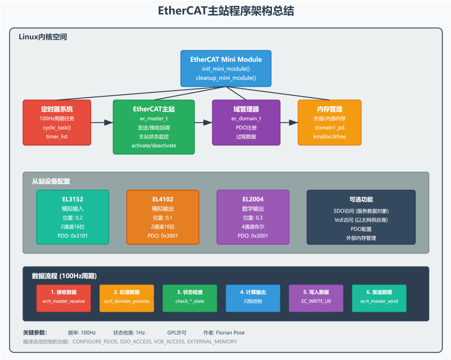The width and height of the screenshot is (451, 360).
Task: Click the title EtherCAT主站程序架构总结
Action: [225, 11]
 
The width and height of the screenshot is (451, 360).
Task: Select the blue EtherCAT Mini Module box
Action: [226, 68]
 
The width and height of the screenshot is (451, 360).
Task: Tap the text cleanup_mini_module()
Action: [226, 78]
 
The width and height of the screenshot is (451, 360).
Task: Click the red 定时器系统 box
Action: [57, 122]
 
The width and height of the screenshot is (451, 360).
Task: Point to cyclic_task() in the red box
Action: [57, 127]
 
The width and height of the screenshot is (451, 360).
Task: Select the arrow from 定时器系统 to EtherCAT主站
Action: [102, 122]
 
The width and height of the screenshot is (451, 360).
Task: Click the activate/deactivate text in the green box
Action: [154, 145]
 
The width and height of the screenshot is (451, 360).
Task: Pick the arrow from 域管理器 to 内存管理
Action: [289, 122]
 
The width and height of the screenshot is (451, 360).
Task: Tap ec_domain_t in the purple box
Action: [246, 118]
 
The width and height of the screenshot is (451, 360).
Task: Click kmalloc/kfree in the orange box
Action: [329, 137]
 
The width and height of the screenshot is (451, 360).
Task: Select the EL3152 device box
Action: [73, 217]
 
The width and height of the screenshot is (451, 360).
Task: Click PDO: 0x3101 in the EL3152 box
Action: [73, 236]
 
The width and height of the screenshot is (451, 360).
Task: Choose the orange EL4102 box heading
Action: [163, 199]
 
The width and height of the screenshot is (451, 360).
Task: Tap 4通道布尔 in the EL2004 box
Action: [253, 226]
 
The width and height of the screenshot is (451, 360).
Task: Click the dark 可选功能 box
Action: [361, 217]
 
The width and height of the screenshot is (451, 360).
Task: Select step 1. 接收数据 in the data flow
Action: [63, 292]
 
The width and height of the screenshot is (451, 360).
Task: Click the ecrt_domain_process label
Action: [127, 301]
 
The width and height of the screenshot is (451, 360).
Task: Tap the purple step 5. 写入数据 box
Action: [316, 298]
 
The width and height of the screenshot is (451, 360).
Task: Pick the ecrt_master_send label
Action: [379, 301]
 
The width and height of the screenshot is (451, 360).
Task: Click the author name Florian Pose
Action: [230, 333]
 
